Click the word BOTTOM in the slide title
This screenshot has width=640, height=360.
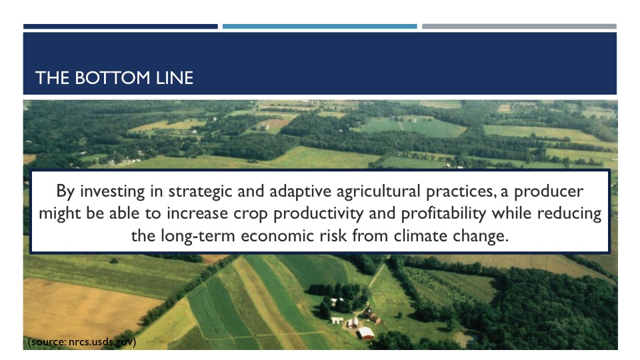[x=112, y=78]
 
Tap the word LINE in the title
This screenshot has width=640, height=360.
[x=174, y=78]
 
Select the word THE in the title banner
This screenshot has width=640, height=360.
[x=52, y=78]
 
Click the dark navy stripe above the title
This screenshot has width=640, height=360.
[x=121, y=27]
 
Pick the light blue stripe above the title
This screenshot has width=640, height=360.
[x=319, y=27]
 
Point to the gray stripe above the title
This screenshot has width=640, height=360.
[x=519, y=27]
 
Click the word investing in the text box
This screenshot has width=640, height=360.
[x=112, y=191]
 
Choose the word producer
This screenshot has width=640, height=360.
[x=549, y=192]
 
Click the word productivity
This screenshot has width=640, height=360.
[x=318, y=214]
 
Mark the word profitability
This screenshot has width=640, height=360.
[x=444, y=214]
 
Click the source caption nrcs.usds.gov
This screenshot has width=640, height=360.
[x=81, y=342]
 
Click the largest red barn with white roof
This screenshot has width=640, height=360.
[x=366, y=333]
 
